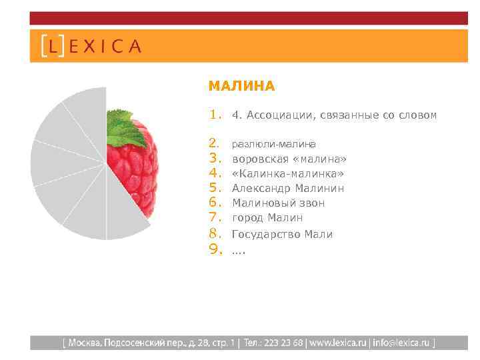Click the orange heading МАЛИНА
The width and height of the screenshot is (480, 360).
[x=241, y=86]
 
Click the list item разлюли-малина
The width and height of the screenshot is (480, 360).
[x=273, y=144]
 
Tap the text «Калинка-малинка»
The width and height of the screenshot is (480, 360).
[x=288, y=174]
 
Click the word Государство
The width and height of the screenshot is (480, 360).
[x=266, y=234]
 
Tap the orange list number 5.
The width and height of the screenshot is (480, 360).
[x=214, y=189]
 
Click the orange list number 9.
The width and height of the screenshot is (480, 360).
[x=214, y=250]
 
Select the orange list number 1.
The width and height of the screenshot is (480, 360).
[x=214, y=115]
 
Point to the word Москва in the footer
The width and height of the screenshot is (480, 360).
[x=83, y=343]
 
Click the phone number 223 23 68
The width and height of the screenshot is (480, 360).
[x=284, y=343]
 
